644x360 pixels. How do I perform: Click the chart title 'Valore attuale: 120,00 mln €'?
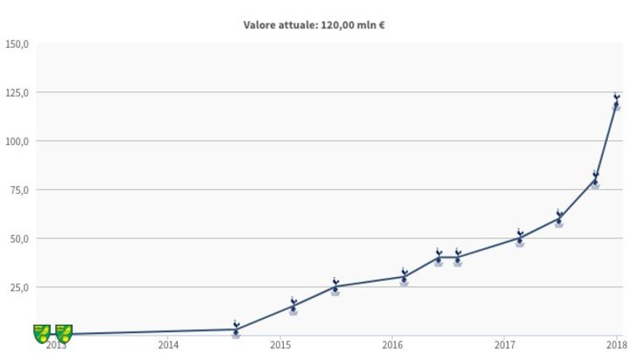click(314, 25)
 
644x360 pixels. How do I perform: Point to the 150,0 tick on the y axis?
click(17, 44)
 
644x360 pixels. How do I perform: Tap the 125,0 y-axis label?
click(17, 93)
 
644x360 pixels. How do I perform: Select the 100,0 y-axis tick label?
click(17, 142)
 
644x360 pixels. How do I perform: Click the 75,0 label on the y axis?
click(19, 190)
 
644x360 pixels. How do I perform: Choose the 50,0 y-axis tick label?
click(19, 239)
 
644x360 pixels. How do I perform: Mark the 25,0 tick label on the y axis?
click(19, 287)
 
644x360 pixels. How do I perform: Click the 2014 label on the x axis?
click(169, 345)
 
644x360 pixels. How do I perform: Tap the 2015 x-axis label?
click(280, 345)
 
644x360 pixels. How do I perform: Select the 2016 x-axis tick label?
click(393, 345)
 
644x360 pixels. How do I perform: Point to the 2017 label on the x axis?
click(505, 345)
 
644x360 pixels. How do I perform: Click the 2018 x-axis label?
click(617, 345)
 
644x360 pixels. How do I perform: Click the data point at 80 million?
click(595, 180)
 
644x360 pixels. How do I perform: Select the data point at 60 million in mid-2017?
click(559, 218)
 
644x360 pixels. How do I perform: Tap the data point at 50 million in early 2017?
click(520, 237)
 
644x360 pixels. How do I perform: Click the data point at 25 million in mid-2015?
click(336, 286)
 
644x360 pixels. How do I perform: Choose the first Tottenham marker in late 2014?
click(236, 329)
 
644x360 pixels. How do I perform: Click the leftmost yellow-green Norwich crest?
click(42, 334)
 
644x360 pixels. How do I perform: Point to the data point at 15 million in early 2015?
click(293, 305)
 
